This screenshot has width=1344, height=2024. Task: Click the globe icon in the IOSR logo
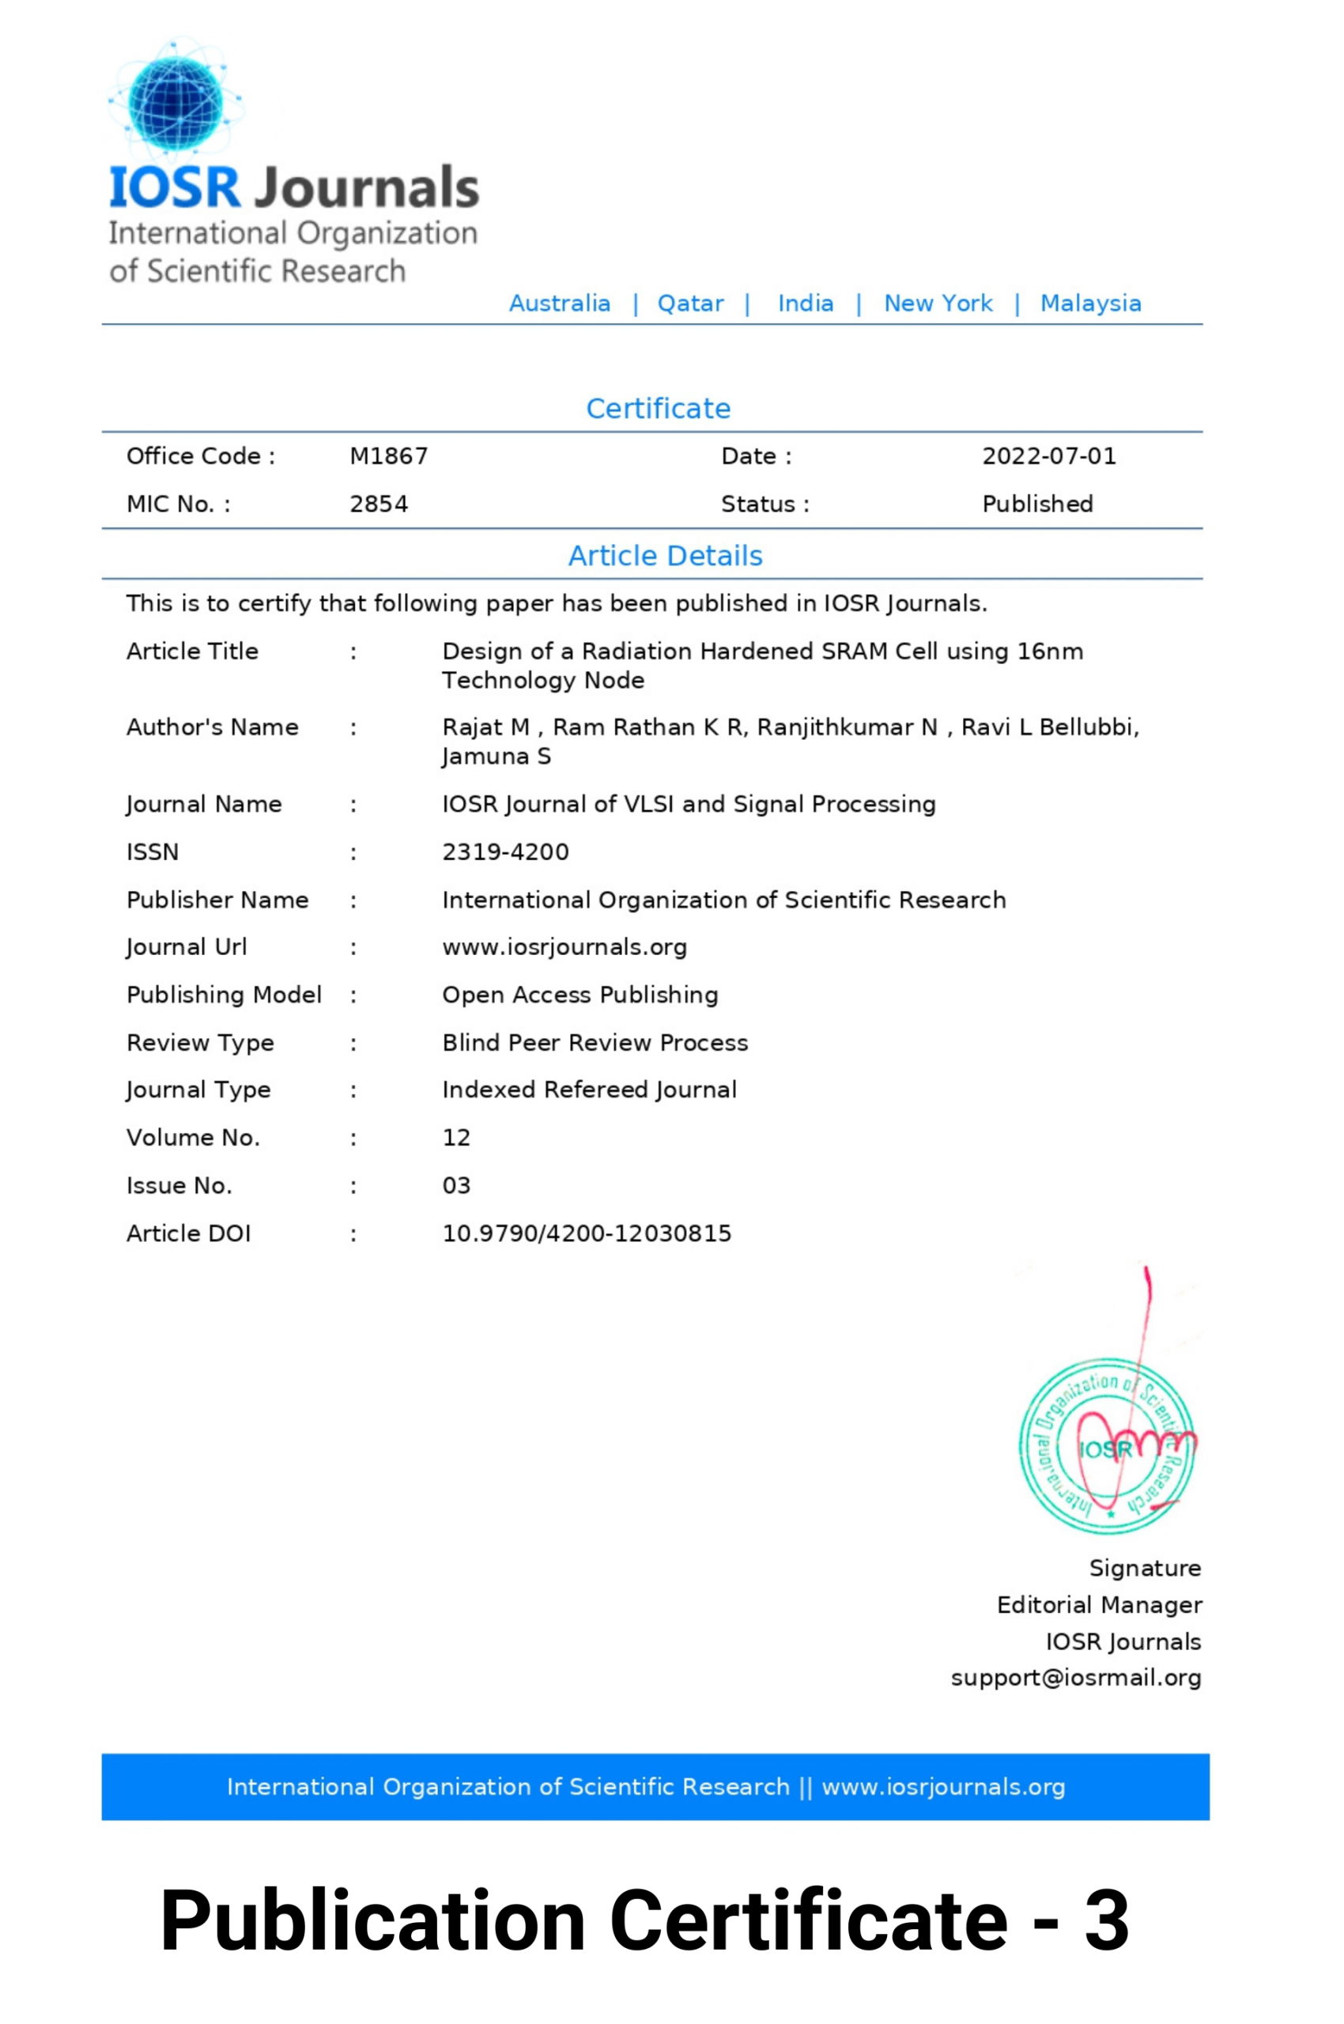175,100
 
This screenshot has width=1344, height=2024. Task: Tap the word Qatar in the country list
690,304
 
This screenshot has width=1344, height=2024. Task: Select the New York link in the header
938,304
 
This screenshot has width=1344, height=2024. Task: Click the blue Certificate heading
659,408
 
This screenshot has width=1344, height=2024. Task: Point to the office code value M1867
388,456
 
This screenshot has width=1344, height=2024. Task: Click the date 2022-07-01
1049,456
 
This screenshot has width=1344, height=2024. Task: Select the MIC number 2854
379,504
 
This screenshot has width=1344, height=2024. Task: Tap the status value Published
1037,504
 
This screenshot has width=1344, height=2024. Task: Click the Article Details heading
665,556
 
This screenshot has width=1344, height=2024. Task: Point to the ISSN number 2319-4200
505,852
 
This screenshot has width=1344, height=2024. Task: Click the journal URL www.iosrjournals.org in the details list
564,947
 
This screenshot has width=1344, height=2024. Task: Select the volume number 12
456,1138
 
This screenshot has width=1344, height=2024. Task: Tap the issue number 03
456,1186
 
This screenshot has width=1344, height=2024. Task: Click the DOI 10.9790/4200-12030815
587,1233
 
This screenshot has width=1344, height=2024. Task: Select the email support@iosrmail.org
1076,1678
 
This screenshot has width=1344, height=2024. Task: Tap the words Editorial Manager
1099,1605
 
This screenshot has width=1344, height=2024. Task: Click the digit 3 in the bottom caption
1106,1920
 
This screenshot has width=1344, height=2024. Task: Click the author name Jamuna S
496,757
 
